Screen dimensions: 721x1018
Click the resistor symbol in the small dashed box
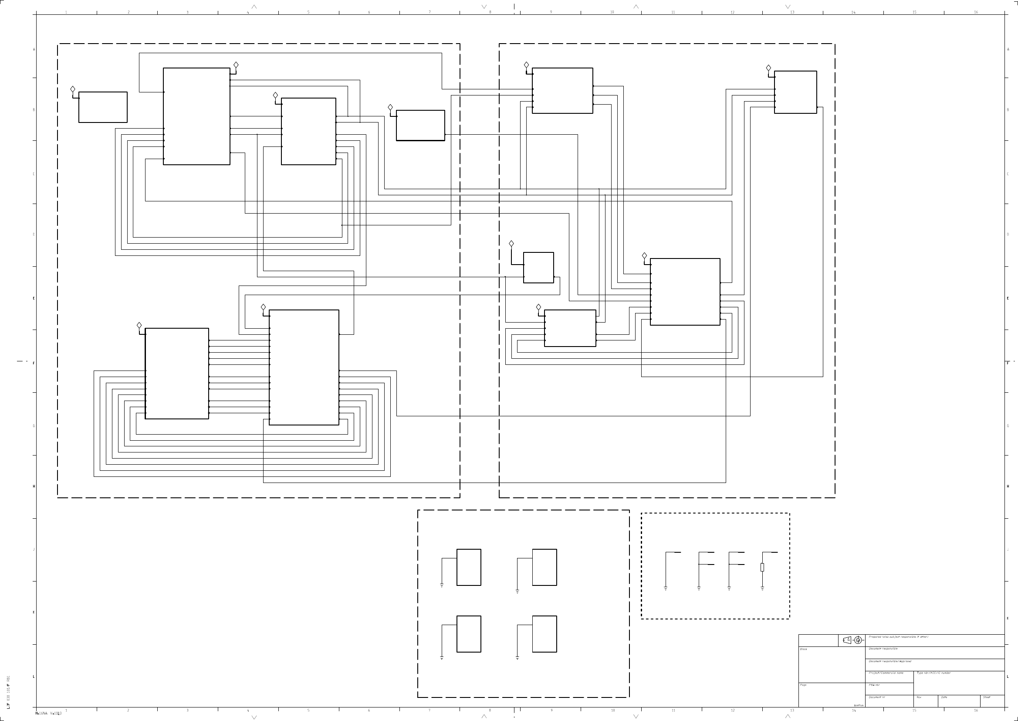pyautogui.click(x=762, y=567)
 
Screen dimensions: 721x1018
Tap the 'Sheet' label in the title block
pyautogui.click(x=987, y=697)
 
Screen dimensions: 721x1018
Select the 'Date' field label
pyautogui.click(x=944, y=697)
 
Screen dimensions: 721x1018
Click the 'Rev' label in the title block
pyautogui.click(x=919, y=697)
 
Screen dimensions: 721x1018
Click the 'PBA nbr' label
pyautogui.click(x=874, y=685)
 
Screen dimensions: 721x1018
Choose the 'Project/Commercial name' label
pyautogui.click(x=886, y=673)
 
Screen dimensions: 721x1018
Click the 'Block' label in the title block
pyautogui.click(x=803, y=649)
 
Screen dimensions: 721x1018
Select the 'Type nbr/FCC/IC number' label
pyautogui.click(x=933, y=673)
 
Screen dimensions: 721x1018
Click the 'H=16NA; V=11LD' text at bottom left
pyautogui.click(x=48, y=714)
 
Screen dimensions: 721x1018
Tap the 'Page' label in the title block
pyautogui.click(x=803, y=685)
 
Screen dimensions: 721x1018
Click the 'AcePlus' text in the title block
pyautogui.click(x=859, y=705)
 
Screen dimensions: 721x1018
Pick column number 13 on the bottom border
pyautogui.click(x=792, y=711)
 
